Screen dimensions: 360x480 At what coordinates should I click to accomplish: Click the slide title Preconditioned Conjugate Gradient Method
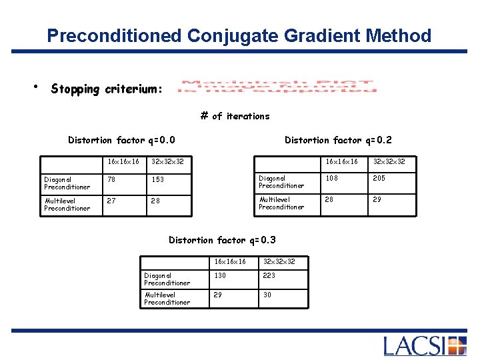tap(239, 35)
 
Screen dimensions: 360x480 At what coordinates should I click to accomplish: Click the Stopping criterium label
tap(107, 89)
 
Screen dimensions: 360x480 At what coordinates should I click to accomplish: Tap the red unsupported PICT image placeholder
tap(278, 87)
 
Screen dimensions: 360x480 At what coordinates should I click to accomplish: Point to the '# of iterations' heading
tap(235, 116)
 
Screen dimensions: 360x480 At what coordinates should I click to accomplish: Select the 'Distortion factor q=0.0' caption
tap(122, 140)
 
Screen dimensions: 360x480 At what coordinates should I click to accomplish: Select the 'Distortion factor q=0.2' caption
tap(338, 140)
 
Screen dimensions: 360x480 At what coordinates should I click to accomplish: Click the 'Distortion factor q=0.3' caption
tap(222, 240)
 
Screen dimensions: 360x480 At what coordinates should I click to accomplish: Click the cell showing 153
tap(170, 182)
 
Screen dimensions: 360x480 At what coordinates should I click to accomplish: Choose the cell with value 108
tap(343, 181)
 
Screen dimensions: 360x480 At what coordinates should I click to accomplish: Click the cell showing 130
tap(233, 279)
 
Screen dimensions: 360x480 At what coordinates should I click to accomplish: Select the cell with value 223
tap(283, 279)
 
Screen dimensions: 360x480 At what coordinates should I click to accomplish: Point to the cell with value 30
tap(283, 298)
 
